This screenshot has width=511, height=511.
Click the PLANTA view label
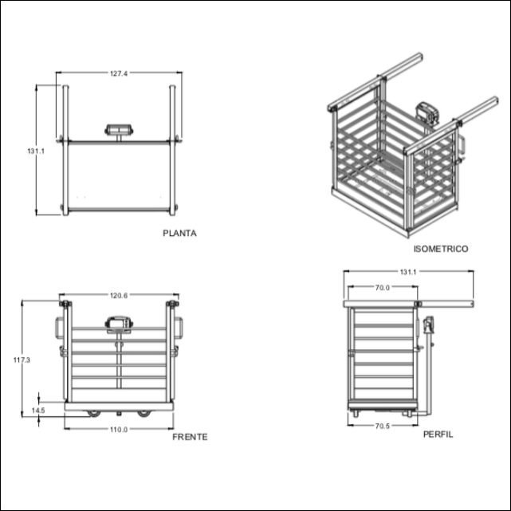179,234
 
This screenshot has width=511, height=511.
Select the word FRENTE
190,437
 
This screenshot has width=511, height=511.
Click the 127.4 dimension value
119,73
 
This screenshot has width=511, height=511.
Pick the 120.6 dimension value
119,296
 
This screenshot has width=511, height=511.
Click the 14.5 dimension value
37,411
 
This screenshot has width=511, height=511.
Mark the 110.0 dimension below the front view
119,430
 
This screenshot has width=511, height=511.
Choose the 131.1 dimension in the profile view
408,272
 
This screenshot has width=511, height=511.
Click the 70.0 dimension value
381,287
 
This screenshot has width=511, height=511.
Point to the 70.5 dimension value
382,426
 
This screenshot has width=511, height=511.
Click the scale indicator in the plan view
120,128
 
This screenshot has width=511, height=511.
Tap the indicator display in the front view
119,322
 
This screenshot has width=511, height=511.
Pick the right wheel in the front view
144,413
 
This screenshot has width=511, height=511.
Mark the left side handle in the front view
59,327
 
